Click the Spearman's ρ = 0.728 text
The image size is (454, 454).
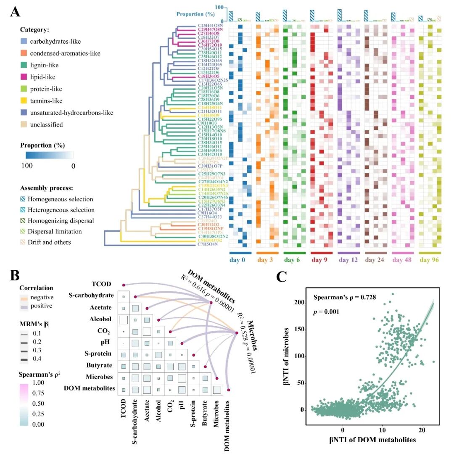pyautogui.click(x=343, y=298)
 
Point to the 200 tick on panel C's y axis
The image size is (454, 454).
pyautogui.click(x=299, y=303)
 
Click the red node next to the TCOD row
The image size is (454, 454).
pyautogui.click(x=124, y=286)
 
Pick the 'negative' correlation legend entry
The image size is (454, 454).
pyautogui.click(x=47, y=297)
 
